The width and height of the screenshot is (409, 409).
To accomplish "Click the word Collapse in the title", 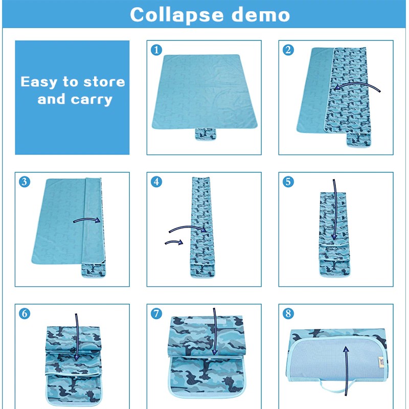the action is tap(177, 15).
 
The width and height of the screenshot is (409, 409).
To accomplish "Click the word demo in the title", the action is tap(261, 15).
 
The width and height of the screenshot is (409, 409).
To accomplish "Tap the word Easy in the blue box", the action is tap(39, 82).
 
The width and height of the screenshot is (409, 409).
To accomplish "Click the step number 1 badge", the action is tap(156, 50).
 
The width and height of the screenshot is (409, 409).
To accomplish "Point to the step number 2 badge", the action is tap(288, 50).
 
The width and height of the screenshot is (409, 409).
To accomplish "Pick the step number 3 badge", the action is tap(25, 181).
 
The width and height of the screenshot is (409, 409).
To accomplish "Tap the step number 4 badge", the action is tap(156, 181).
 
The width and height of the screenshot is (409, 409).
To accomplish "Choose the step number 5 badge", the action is tap(288, 181).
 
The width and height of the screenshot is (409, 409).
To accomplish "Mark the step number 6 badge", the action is tap(25, 313).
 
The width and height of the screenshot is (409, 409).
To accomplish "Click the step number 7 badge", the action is tap(156, 313).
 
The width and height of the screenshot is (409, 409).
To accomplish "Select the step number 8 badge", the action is tap(288, 313).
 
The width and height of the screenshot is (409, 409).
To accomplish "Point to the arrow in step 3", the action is tap(87, 220).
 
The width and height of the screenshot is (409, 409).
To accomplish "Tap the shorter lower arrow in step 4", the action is tap(174, 242).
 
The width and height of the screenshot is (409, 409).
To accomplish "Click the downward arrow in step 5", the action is tap(335, 209).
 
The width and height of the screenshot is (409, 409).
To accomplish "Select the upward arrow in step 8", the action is tap(346, 370).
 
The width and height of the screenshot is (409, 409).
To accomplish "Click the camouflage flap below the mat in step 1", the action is tap(206, 134).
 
